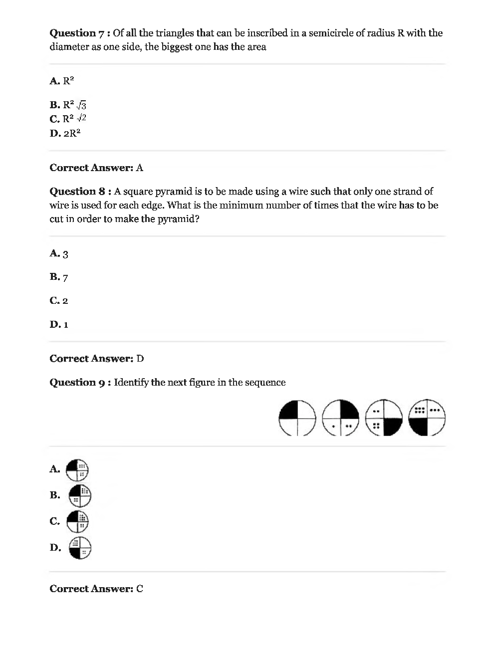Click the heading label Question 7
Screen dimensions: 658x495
click(77, 33)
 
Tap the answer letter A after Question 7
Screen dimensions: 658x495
click(140, 168)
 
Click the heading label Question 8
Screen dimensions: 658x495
click(77, 192)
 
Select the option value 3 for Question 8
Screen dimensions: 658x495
click(65, 254)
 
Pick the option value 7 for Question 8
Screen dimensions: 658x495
click(65, 277)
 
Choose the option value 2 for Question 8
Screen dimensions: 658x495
click(65, 301)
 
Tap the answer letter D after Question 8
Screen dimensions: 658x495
click(140, 359)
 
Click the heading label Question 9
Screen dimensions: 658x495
click(77, 383)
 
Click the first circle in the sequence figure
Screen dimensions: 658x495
click(297, 418)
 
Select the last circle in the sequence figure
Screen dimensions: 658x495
click(427, 418)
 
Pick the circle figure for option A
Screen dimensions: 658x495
click(77, 469)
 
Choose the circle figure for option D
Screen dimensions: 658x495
click(80, 547)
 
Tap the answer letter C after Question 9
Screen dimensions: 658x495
click(140, 589)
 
